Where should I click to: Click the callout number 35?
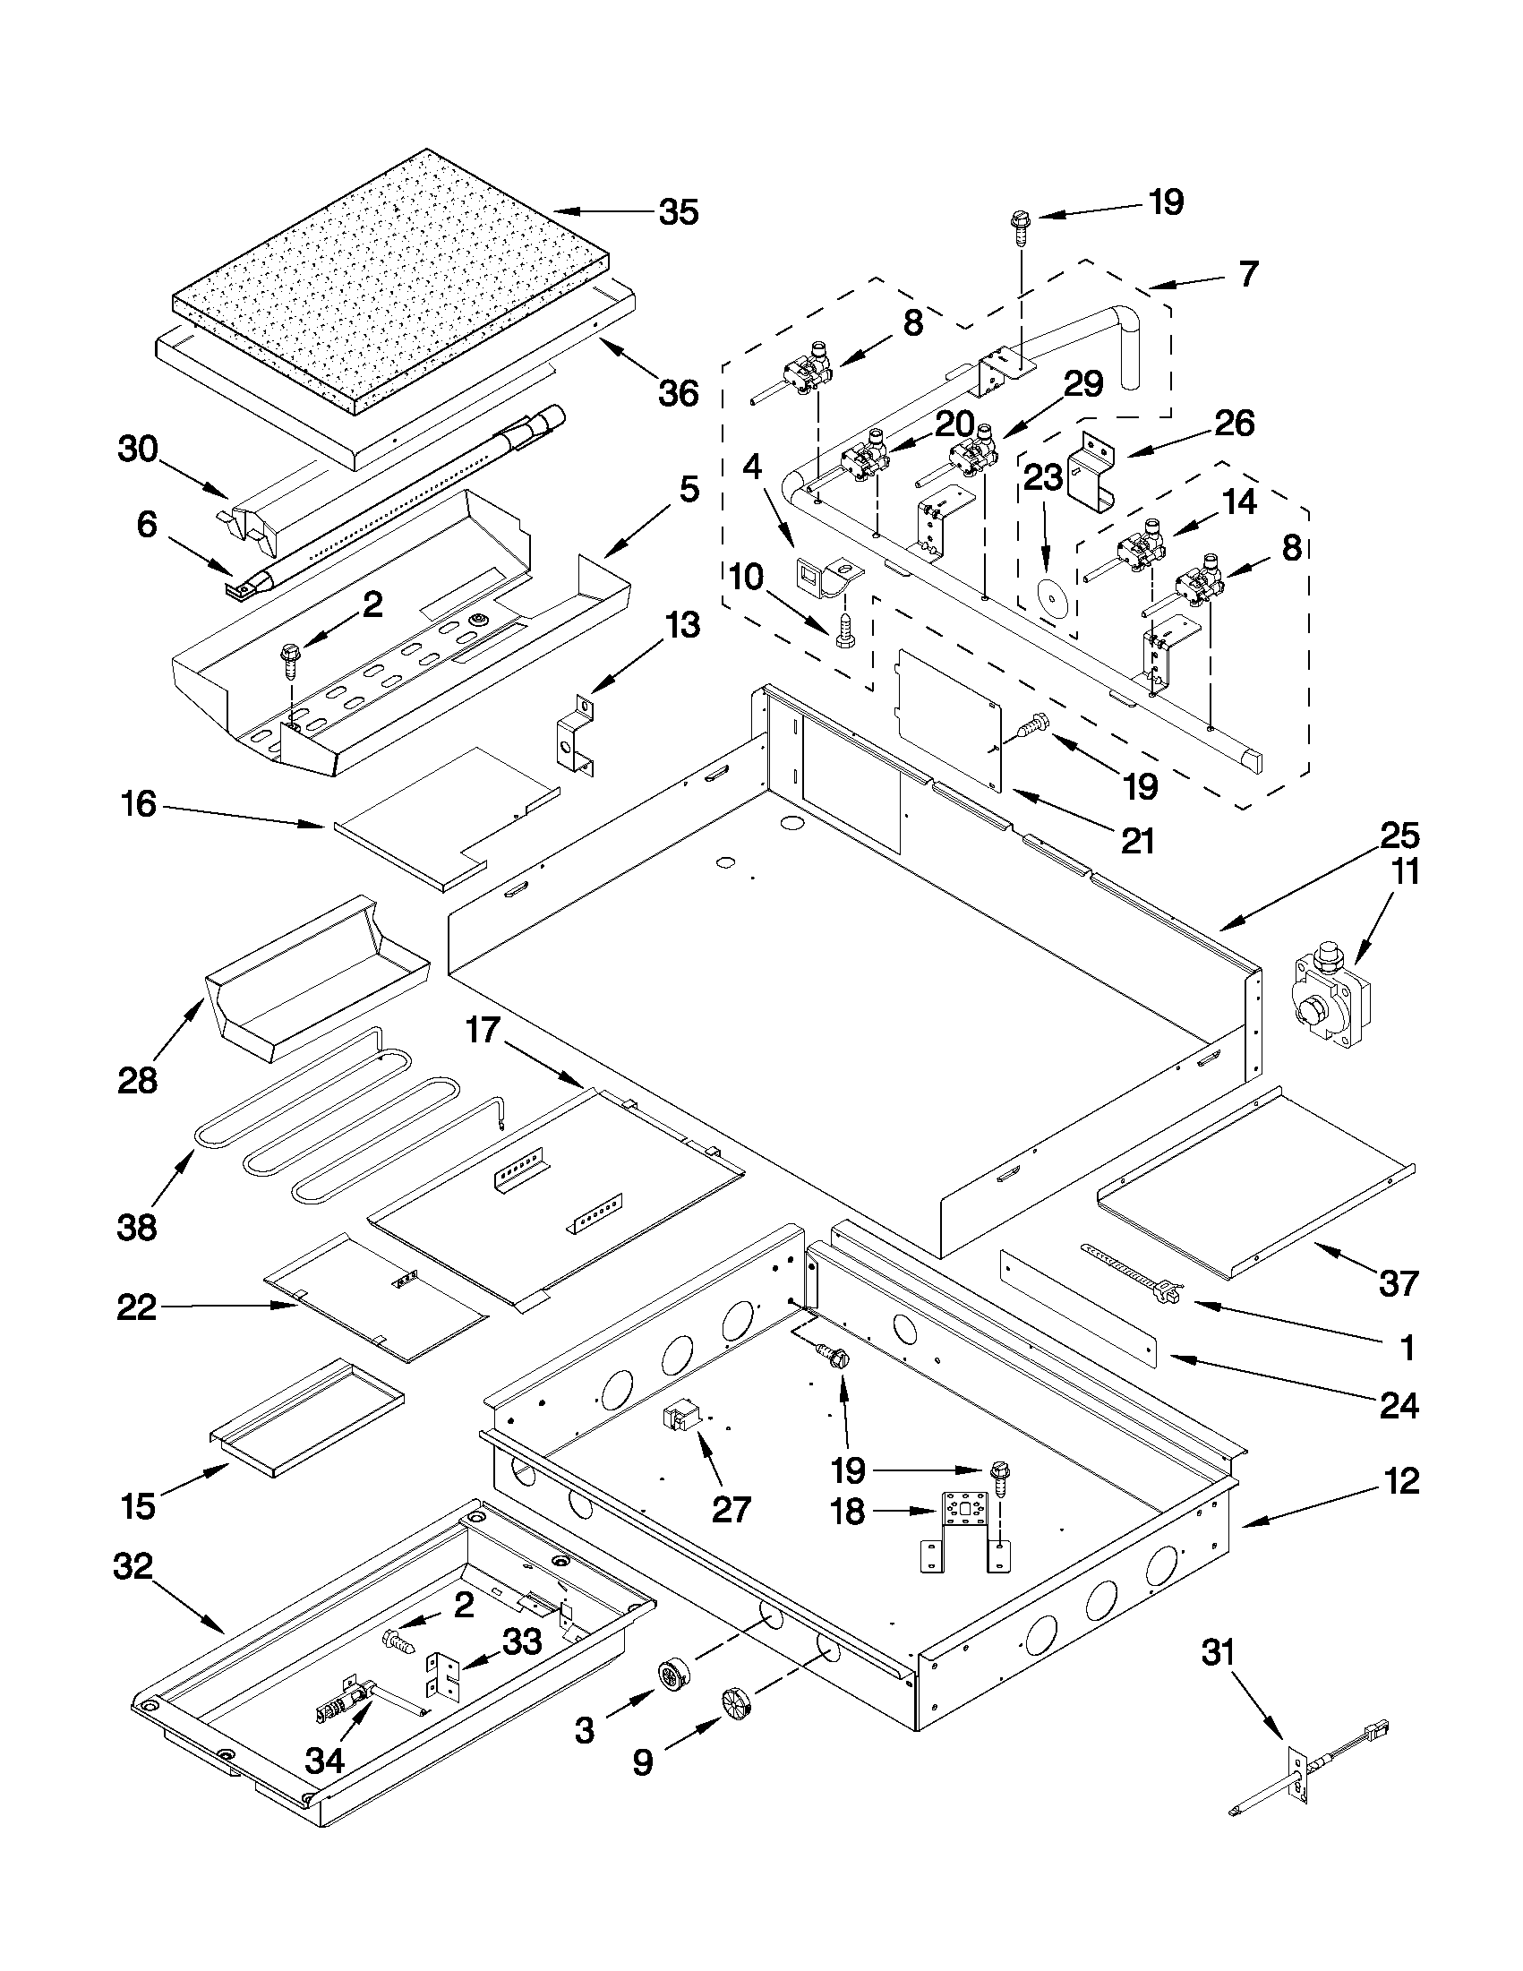678,213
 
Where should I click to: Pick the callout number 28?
138,1079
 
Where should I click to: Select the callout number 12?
1399,1481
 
